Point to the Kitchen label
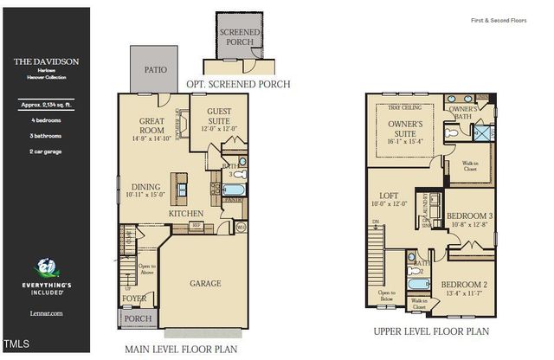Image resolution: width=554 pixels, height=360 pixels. coord(186,212)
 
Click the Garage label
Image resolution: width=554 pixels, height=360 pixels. coord(205,283)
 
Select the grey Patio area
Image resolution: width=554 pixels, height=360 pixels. coord(154,68)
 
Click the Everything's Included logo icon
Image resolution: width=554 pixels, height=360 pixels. coord(45,269)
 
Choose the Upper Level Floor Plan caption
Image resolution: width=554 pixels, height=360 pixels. coord(431,331)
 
